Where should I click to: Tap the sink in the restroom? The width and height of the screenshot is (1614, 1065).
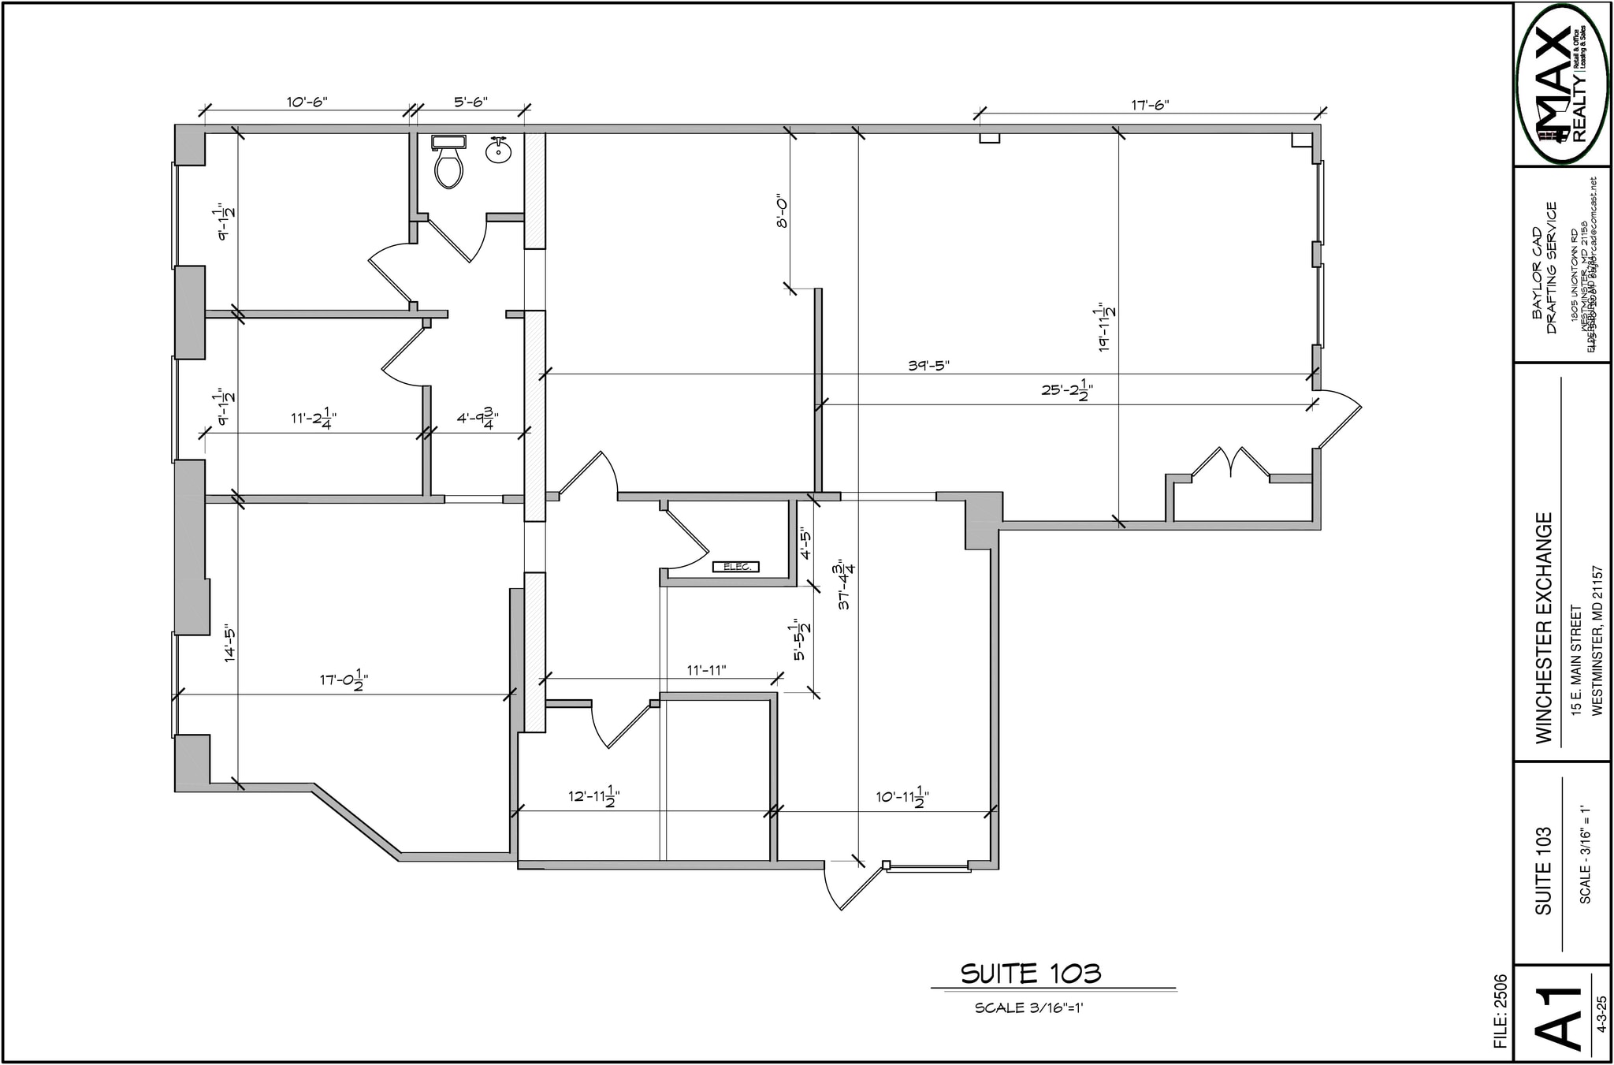(x=498, y=150)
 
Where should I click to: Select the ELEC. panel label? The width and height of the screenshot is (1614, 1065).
(x=736, y=566)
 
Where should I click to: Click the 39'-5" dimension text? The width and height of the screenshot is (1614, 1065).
(x=928, y=366)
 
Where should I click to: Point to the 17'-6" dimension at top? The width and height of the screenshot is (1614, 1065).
(x=1150, y=105)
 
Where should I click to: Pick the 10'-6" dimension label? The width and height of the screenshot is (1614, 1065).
(x=307, y=102)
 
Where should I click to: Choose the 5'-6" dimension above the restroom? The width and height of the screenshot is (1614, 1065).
(x=470, y=102)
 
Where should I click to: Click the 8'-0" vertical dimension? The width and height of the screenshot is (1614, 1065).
(x=783, y=211)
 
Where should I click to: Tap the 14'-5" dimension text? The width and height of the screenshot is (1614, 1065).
(x=230, y=643)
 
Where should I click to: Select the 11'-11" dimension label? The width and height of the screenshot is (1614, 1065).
(x=706, y=670)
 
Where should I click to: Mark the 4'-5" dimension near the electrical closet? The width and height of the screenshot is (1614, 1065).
(x=805, y=543)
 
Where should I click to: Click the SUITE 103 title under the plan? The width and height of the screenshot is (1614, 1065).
(x=1030, y=974)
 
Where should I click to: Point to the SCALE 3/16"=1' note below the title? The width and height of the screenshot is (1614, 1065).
(x=1029, y=1008)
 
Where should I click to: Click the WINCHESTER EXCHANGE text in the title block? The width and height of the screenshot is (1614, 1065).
(x=1544, y=627)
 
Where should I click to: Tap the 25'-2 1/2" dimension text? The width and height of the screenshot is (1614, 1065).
(x=1067, y=389)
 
